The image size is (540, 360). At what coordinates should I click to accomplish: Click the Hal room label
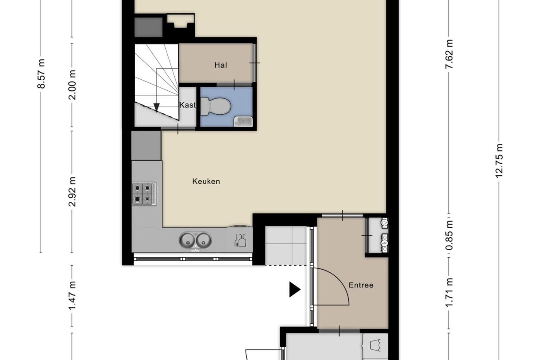tap(220, 66)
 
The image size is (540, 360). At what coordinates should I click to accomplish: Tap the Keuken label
tap(206, 181)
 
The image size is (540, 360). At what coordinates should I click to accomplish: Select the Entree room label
tap(361, 285)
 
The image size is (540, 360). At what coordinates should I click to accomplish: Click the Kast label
tap(187, 105)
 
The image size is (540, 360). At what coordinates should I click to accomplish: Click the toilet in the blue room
tap(216, 106)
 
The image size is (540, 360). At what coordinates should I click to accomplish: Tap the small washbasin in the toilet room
tap(243, 120)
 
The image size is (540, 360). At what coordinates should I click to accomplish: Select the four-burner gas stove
tap(144, 194)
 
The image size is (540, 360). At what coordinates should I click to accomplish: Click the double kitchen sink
tap(195, 240)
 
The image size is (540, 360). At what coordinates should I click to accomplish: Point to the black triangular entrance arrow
tap(295, 290)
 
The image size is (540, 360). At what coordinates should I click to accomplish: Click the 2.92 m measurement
tap(73, 191)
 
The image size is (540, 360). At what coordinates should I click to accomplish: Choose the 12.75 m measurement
tap(500, 160)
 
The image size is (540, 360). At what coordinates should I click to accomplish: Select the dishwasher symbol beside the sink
tap(239, 240)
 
